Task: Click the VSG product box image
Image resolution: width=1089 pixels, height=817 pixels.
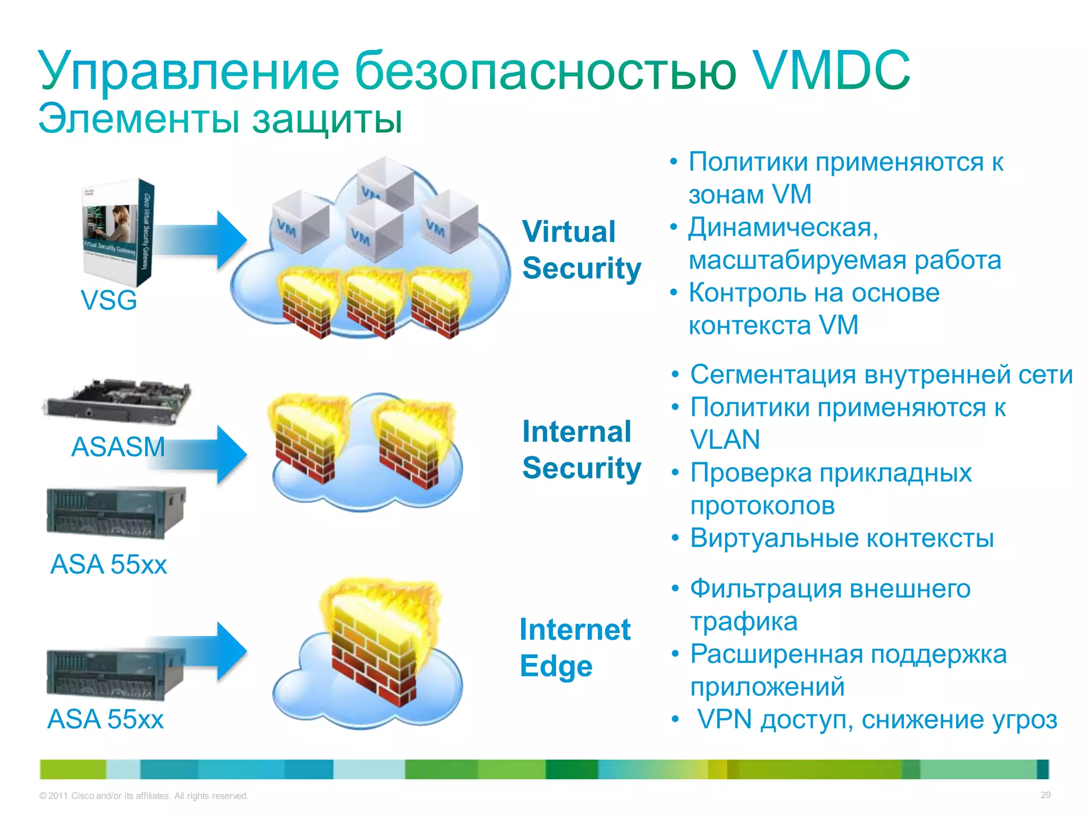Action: click(x=118, y=232)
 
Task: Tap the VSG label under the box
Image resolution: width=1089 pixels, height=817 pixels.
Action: click(x=108, y=300)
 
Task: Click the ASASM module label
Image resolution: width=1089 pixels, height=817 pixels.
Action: click(x=118, y=446)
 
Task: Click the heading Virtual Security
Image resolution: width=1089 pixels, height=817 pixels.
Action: click(x=581, y=249)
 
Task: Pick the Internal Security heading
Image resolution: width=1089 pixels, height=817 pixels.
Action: click(x=581, y=449)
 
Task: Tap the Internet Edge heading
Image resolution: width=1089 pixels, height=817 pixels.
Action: click(x=574, y=647)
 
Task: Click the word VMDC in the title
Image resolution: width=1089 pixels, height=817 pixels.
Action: click(x=832, y=71)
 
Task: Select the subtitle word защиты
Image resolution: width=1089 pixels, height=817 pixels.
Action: click(x=327, y=119)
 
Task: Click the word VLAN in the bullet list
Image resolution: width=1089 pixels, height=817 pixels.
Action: click(x=725, y=440)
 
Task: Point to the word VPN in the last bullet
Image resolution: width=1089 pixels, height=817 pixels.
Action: click(x=724, y=719)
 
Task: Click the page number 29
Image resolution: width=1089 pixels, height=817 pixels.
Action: click(x=1045, y=795)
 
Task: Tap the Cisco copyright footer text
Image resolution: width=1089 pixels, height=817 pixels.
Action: click(x=144, y=796)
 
